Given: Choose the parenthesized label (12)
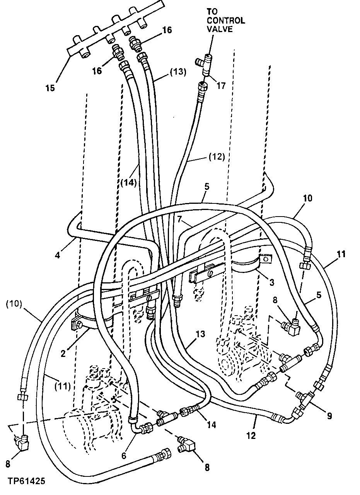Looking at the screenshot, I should (217, 157).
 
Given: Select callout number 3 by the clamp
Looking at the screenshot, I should (272, 283).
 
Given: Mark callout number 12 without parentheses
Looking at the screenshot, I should (251, 436).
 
